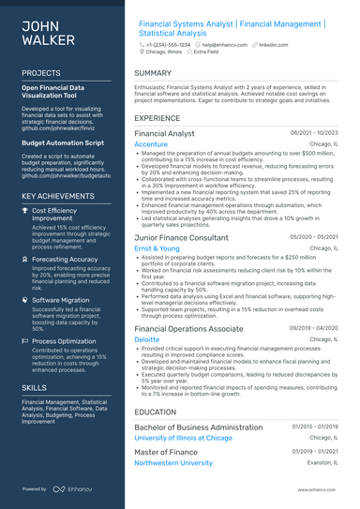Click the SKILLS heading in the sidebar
click(x=34, y=386)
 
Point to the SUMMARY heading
click(x=153, y=72)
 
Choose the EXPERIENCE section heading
click(x=157, y=119)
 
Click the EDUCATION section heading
click(x=155, y=411)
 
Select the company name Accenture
click(x=151, y=144)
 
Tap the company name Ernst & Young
click(x=157, y=248)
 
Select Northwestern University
click(x=187, y=463)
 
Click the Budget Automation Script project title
click(x=63, y=142)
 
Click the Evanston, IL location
click(x=322, y=463)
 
